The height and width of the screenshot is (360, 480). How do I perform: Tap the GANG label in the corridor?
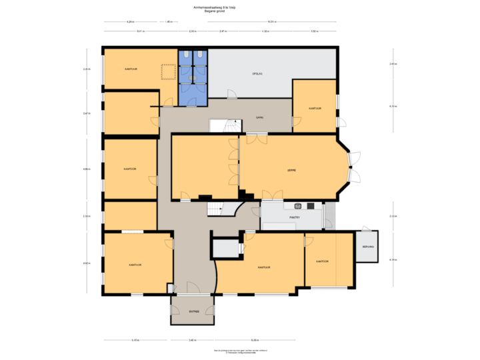[x=259, y=117]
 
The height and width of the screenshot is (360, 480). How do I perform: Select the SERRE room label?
[x=291, y=170]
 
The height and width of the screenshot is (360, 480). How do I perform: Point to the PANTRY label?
[x=294, y=217]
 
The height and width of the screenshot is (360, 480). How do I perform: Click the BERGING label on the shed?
[x=368, y=247]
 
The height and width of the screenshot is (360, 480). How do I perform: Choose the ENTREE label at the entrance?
[x=194, y=311]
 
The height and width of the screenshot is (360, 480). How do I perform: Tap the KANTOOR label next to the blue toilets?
[x=131, y=69]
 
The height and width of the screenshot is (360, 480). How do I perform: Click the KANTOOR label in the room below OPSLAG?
[x=315, y=108]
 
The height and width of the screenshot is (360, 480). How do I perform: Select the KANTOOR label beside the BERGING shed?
[x=323, y=261]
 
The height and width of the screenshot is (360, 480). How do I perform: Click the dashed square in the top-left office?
[x=167, y=71]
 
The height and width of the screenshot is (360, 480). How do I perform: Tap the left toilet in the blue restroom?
[x=186, y=55]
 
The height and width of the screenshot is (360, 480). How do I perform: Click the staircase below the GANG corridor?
[x=231, y=125]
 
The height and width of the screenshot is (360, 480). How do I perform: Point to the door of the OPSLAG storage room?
[x=230, y=94]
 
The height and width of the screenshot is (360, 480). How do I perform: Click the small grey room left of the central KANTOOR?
[x=225, y=248]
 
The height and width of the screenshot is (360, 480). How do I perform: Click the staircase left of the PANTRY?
[x=218, y=209]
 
